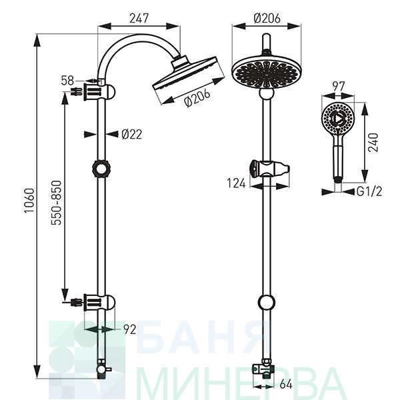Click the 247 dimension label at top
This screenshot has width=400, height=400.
coord(139,19)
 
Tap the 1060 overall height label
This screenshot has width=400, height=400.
coord(29,201)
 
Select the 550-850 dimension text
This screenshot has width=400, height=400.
coord(57,203)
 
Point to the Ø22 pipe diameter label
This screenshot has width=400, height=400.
coord(131,134)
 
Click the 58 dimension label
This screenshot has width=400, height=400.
coord(67,81)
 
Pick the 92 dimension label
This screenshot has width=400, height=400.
coord(130,329)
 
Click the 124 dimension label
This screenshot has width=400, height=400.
coord(236,183)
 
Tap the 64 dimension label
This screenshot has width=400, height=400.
coord(286,385)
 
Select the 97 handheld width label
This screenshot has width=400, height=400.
coord(338,87)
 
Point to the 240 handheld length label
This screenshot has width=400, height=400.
coord(373,143)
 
